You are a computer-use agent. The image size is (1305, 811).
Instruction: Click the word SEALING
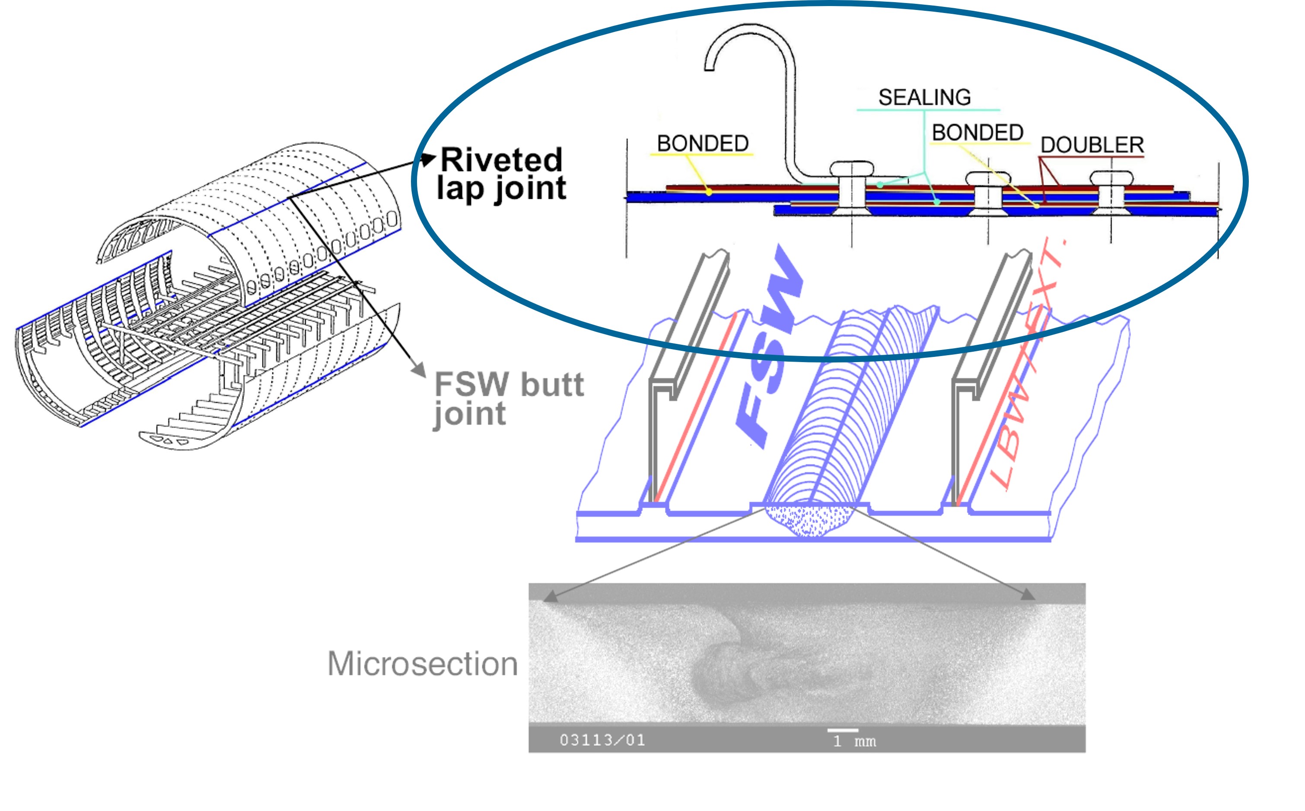click(924, 98)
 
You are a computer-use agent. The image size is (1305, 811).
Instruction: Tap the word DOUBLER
click(1092, 145)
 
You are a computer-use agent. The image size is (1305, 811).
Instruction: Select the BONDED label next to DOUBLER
click(977, 133)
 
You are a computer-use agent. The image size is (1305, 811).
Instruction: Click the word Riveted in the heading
click(501, 160)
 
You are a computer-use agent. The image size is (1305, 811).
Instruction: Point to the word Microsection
click(423, 664)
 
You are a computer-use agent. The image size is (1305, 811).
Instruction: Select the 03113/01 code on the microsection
click(602, 740)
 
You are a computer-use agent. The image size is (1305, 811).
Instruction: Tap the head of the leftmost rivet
click(852, 169)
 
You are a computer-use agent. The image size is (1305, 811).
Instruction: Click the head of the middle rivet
click(987, 178)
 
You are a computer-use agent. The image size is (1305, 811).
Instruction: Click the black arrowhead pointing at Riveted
click(429, 159)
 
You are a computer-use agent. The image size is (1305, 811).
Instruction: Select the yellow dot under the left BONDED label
click(709, 192)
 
